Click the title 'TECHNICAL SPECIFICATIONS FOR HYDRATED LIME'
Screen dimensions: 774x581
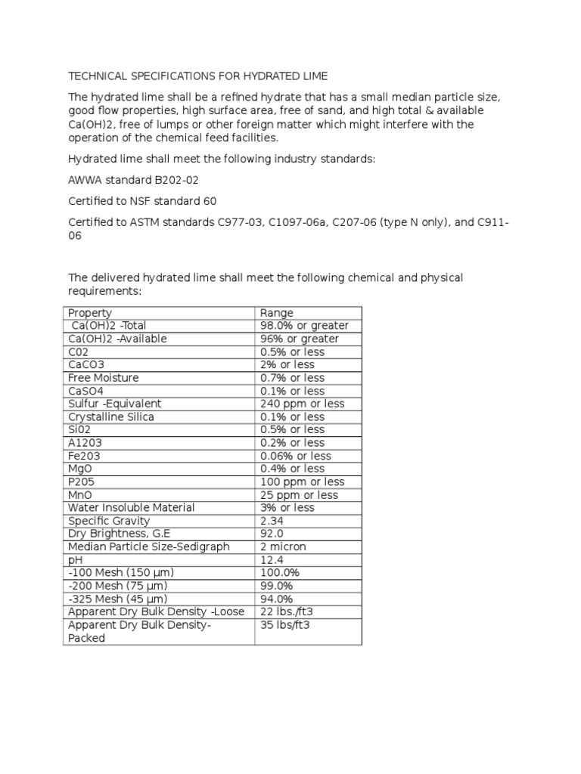[198, 76]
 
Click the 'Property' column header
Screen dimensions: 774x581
[90, 313]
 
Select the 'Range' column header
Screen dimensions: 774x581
[277, 313]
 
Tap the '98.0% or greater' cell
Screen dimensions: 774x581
[304, 326]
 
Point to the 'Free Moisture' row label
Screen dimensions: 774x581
[104, 378]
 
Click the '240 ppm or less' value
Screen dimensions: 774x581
[302, 404]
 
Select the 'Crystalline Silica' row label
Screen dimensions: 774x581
[110, 416]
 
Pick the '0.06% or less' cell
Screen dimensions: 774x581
[296, 456]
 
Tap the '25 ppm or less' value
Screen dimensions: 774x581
[299, 495]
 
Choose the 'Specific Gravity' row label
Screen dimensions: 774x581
[109, 521]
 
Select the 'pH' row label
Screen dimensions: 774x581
[75, 560]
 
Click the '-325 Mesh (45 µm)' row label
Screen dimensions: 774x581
[117, 599]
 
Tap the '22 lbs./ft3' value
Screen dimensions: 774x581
[288, 611]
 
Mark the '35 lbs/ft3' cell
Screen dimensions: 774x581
[285, 625]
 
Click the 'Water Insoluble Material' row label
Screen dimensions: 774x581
[131, 508]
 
